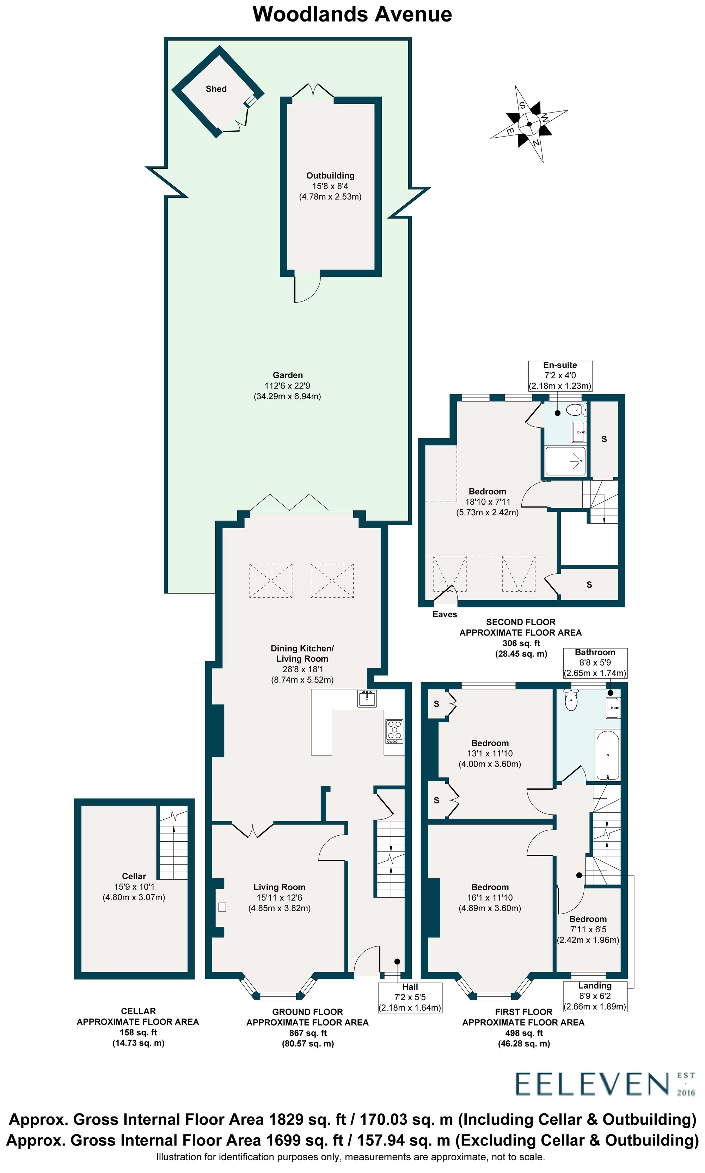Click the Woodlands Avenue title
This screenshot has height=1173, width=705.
pos(352,14)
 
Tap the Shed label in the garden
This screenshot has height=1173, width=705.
pos(216,89)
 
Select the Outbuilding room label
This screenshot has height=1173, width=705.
pos(330,175)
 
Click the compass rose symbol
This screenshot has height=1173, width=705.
pos(529,124)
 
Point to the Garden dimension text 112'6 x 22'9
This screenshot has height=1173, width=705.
pos(287,386)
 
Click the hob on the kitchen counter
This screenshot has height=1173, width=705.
pos(394,731)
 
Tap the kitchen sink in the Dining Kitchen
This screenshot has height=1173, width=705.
pos(367,698)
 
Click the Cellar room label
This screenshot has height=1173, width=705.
pos(134,876)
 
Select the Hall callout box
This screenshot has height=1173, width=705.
pos(410,997)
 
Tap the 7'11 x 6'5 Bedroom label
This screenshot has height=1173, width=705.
pos(588,930)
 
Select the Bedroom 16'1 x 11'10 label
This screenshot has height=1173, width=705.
pos(490,897)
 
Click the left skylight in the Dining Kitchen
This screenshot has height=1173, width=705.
pos(271,581)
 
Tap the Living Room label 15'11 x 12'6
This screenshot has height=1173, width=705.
pos(279,897)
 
